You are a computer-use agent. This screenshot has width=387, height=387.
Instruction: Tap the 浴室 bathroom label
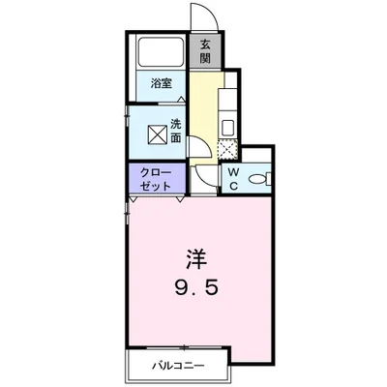(162, 84)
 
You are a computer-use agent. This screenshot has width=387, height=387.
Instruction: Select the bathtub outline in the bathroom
(162, 52)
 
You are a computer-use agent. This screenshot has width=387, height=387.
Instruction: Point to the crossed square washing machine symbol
(155, 131)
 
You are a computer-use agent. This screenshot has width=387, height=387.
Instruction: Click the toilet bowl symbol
(257, 178)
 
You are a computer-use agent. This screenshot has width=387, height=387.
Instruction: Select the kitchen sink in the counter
(228, 126)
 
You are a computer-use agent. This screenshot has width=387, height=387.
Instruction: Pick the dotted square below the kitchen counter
(227, 149)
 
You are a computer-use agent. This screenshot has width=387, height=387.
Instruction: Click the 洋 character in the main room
(195, 259)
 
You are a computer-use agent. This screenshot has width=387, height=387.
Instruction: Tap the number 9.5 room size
(195, 287)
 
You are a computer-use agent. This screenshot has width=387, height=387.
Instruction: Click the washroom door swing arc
(196, 145)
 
